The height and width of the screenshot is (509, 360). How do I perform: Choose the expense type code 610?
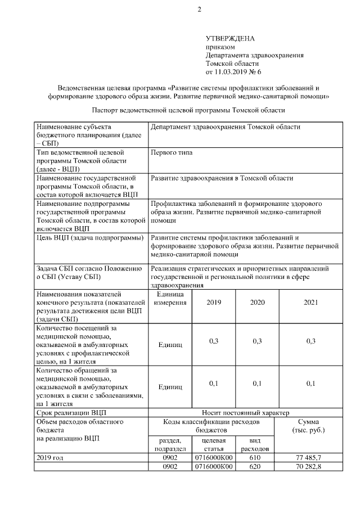[x=255, y=458]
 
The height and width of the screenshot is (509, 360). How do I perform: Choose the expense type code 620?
[x=255, y=467]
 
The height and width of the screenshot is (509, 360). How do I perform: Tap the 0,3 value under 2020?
[x=257, y=341]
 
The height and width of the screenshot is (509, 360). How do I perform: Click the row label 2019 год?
[x=49, y=458]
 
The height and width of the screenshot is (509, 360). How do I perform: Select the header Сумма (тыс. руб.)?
[x=309, y=426]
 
